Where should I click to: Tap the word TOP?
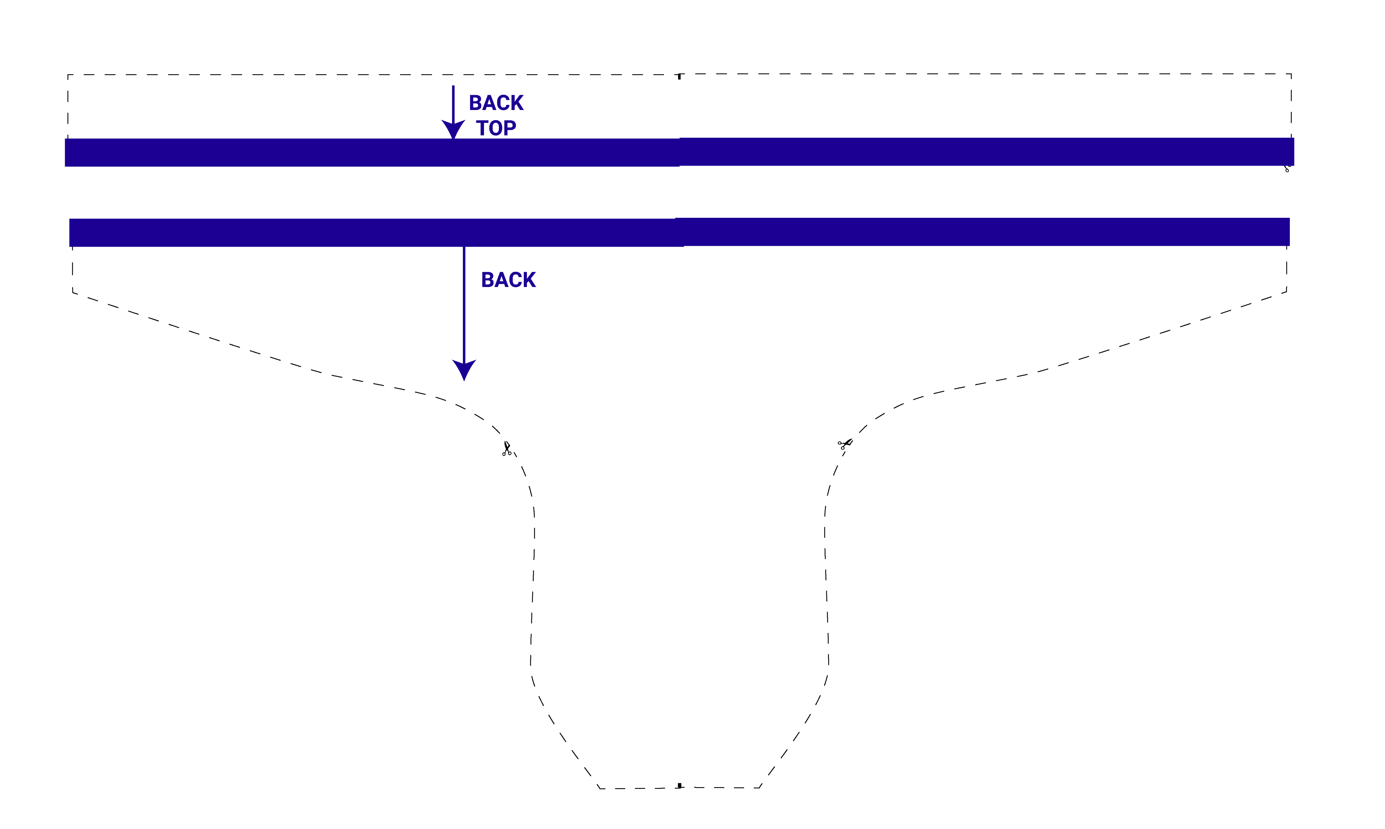coord(496,128)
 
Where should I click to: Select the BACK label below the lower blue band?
coord(508,280)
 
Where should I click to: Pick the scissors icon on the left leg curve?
coord(507,449)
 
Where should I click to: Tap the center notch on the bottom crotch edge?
coord(680,785)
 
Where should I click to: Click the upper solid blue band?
coord(679,152)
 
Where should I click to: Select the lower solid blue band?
coord(679,232)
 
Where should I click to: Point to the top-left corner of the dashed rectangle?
coord(68,75)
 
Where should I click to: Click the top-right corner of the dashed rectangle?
coord(1291,74)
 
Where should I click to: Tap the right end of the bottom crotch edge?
coord(760,788)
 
